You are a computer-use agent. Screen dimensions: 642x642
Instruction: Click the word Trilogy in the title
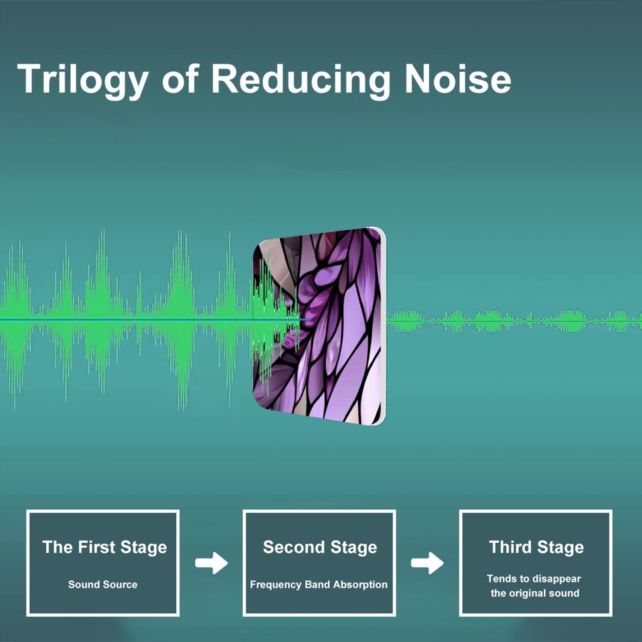[83, 80]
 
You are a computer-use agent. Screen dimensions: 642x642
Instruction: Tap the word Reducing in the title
[301, 80]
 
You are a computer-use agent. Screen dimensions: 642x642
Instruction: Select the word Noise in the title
[458, 79]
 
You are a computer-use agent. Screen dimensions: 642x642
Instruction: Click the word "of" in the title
[180, 79]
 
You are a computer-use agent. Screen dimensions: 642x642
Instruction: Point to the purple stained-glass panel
[319, 326]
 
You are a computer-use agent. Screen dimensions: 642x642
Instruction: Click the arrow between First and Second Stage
[211, 563]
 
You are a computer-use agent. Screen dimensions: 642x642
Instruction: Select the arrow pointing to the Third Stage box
[427, 563]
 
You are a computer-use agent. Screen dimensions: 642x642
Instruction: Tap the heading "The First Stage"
[104, 547]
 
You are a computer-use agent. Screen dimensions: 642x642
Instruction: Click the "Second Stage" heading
[320, 547]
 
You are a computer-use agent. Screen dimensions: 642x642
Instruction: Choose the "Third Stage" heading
[536, 547]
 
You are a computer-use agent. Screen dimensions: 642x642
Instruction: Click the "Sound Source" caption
[103, 585]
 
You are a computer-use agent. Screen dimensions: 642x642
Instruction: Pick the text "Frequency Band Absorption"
[318, 585]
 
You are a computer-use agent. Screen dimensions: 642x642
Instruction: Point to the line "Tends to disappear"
[534, 579]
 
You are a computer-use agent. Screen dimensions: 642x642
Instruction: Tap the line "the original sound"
[535, 593]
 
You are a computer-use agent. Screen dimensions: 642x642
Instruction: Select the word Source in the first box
[120, 585]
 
